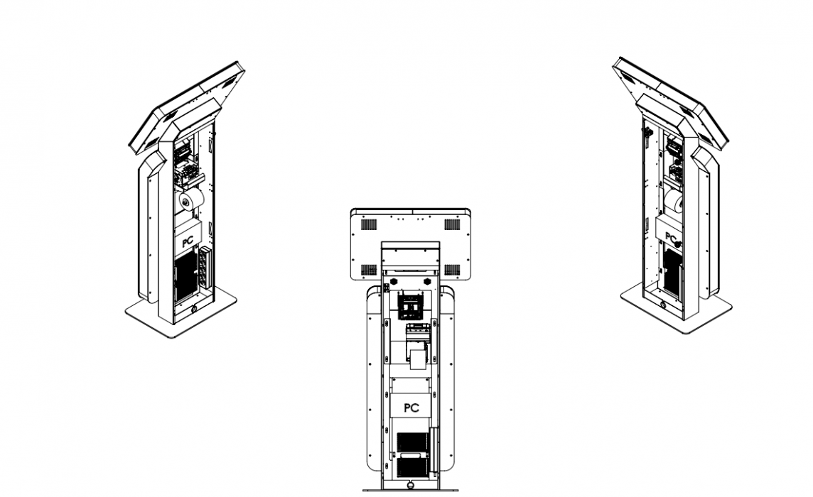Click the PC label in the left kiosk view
pyautogui.click(x=188, y=241)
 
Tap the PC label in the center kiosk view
pyautogui.click(x=411, y=408)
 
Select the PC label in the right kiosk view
pyautogui.click(x=670, y=237)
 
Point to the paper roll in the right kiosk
pyautogui.click(x=673, y=201)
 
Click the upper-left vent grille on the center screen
pyautogui.click(x=369, y=224)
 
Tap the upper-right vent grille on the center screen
pyautogui.click(x=452, y=224)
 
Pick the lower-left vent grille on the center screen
pyautogui.click(x=369, y=270)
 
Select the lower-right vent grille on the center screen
pyautogui.click(x=452, y=270)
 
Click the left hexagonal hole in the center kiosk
pyautogui.click(x=392, y=280)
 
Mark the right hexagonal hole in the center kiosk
pyautogui.click(x=429, y=280)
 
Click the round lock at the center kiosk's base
pyautogui.click(x=411, y=486)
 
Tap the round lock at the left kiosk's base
pyautogui.click(x=195, y=309)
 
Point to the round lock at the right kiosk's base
pyautogui.click(x=663, y=304)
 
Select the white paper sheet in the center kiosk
pyautogui.click(x=417, y=359)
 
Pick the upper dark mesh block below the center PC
pyautogui.click(x=413, y=442)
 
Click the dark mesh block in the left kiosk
pyautogui.click(x=185, y=278)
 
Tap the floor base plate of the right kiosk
pyautogui.click(x=676, y=309)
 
